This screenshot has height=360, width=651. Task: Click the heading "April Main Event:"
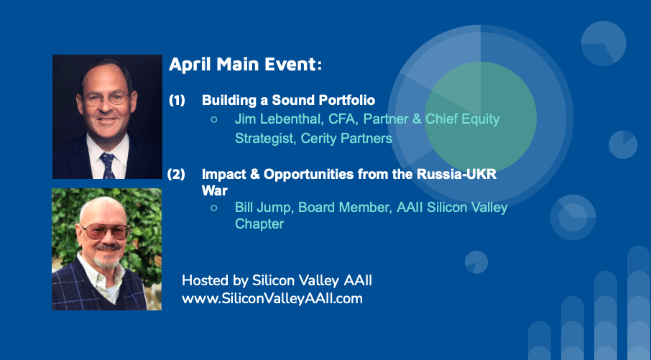pyautogui.click(x=245, y=65)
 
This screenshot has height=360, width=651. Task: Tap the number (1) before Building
pyautogui.click(x=177, y=101)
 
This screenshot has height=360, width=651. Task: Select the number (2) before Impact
pyautogui.click(x=176, y=175)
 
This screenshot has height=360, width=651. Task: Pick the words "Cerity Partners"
pyautogui.click(x=346, y=138)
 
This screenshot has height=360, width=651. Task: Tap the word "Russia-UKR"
pyautogui.click(x=457, y=174)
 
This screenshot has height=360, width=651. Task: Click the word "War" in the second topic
pyautogui.click(x=214, y=190)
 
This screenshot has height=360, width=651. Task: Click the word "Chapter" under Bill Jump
pyautogui.click(x=259, y=224)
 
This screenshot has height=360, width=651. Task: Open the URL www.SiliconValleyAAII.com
pyautogui.click(x=272, y=298)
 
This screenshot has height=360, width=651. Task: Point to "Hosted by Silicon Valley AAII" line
pyautogui.click(x=277, y=281)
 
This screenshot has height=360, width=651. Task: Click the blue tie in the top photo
pyautogui.click(x=107, y=165)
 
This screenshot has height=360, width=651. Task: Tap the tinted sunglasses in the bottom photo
pyautogui.click(x=106, y=231)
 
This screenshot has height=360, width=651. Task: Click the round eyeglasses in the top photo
pyautogui.click(x=106, y=98)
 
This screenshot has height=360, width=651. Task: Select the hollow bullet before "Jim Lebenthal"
pyautogui.click(x=214, y=119)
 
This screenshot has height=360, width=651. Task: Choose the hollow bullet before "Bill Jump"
pyautogui.click(x=214, y=208)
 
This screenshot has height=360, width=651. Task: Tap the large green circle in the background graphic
pyautogui.click(x=481, y=118)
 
